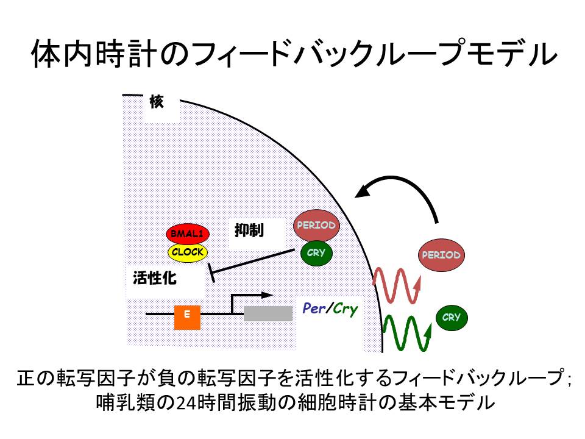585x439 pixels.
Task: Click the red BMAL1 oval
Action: tap(187, 234)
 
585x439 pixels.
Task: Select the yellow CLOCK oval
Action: tap(187, 252)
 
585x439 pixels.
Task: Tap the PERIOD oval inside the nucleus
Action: tap(316, 225)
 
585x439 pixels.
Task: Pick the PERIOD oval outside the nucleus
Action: tap(441, 255)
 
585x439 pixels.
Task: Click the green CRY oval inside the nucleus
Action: tap(316, 252)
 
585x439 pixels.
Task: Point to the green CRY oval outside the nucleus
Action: tap(452, 318)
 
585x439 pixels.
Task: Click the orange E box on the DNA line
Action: tap(187, 317)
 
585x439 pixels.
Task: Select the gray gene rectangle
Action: tap(268, 313)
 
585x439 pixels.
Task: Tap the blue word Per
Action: tap(314, 309)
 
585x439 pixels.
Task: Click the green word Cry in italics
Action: tap(345, 309)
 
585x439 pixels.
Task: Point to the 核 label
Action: tap(157, 102)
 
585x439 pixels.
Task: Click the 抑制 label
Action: tap(249, 230)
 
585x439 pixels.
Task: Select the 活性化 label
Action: tap(154, 278)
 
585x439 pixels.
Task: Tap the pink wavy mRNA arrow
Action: tap(396, 285)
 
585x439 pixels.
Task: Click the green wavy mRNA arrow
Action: tap(407, 334)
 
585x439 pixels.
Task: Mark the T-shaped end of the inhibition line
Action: tap(211, 273)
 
